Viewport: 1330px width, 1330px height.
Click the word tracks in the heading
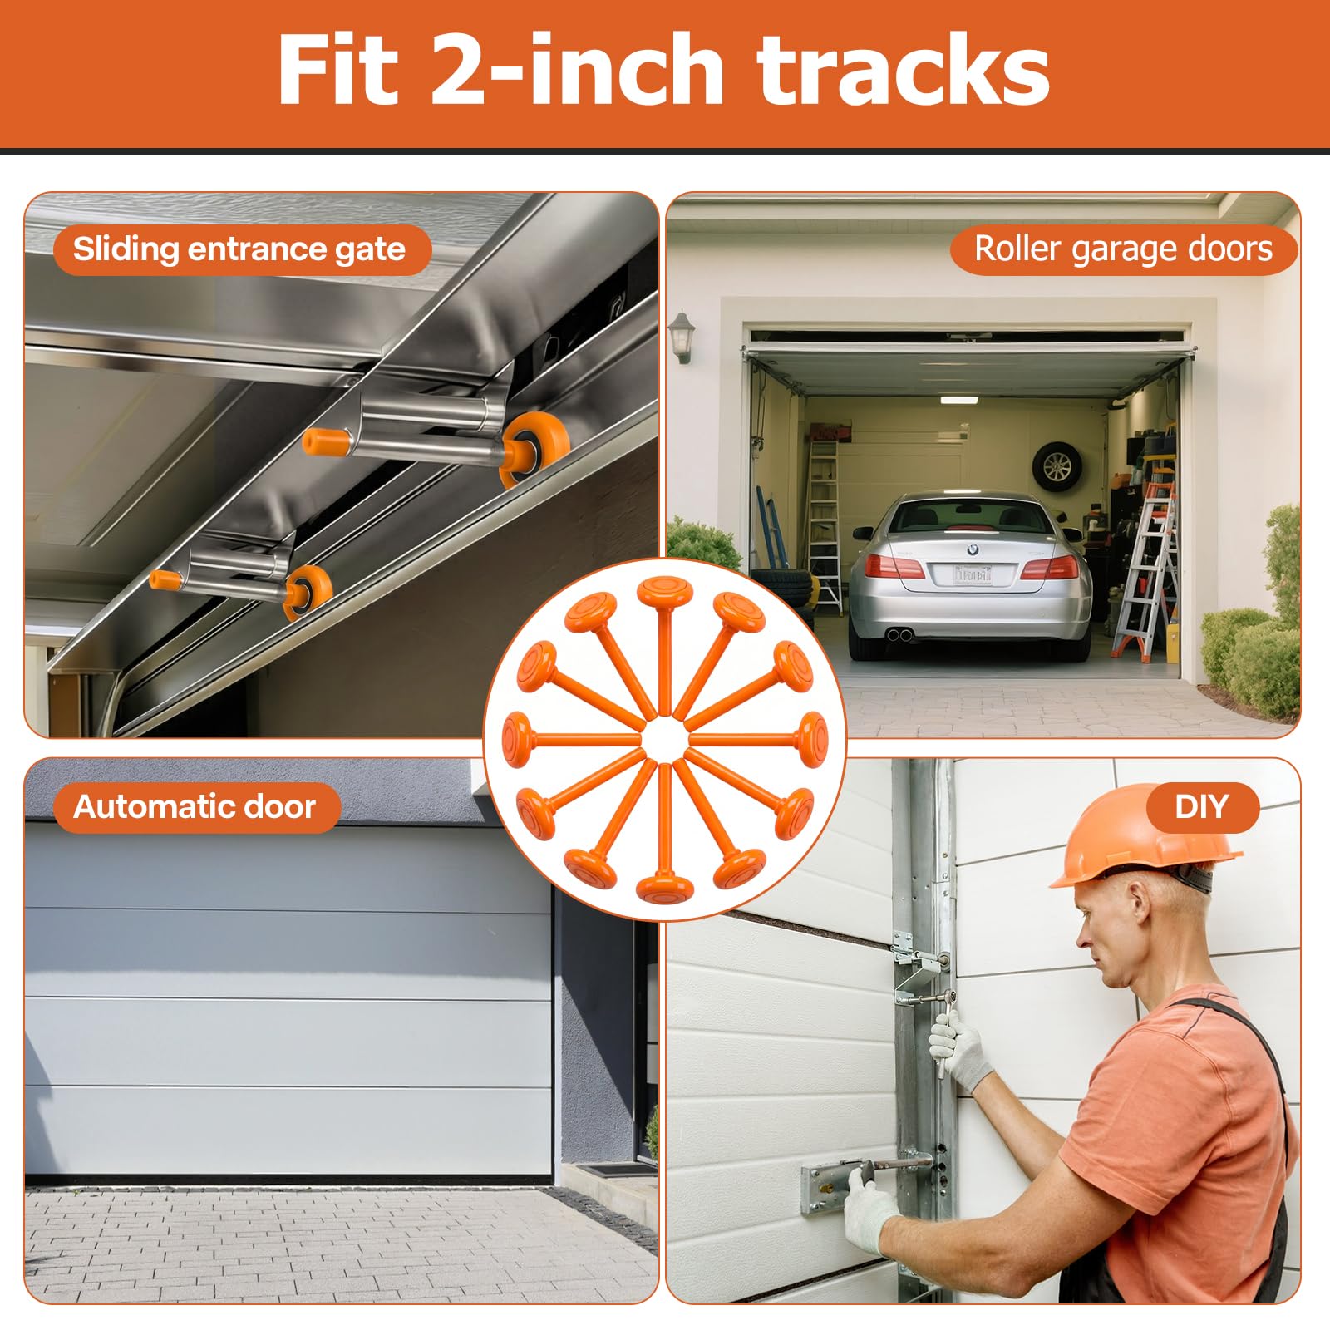point(904,71)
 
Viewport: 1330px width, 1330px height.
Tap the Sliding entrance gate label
point(240,249)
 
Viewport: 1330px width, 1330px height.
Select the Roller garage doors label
point(1123,249)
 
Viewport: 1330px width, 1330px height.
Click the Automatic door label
point(195,807)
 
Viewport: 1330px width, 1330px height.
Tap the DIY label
point(1201,807)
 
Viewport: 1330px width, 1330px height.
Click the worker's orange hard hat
point(1143,838)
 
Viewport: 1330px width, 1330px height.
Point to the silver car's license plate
point(973,574)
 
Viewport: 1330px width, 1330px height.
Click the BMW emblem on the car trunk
point(973,549)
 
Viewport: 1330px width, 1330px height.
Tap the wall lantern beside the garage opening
point(681,337)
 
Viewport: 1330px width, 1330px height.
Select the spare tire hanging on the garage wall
point(1057,467)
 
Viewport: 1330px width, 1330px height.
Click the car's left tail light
point(894,566)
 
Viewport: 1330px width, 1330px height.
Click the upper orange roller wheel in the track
point(532,449)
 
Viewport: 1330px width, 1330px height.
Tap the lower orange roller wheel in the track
point(308,592)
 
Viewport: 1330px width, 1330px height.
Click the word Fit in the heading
point(338,71)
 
